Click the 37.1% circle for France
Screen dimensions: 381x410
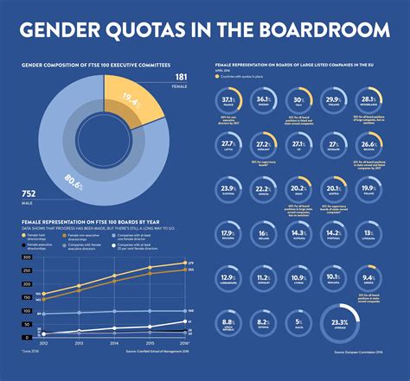(x=227, y=100)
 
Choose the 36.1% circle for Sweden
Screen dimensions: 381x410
(x=265, y=100)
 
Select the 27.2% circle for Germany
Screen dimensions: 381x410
(x=265, y=143)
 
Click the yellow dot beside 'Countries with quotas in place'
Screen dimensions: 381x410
(x=221, y=77)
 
